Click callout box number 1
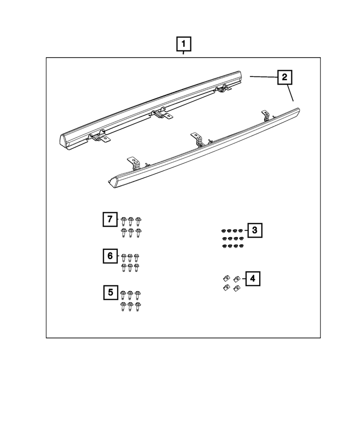click(184, 44)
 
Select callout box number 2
click(284, 77)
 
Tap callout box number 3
click(255, 230)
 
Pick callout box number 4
click(253, 279)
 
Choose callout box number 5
click(111, 293)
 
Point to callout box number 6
click(110, 256)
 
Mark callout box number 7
click(110, 219)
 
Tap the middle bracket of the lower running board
click(198, 140)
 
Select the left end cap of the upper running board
click(65, 140)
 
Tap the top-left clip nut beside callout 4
click(226, 278)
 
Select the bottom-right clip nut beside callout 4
click(237, 288)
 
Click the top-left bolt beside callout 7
click(123, 221)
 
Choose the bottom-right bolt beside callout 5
click(137, 306)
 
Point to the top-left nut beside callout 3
click(224, 231)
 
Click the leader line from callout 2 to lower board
click(290, 93)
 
